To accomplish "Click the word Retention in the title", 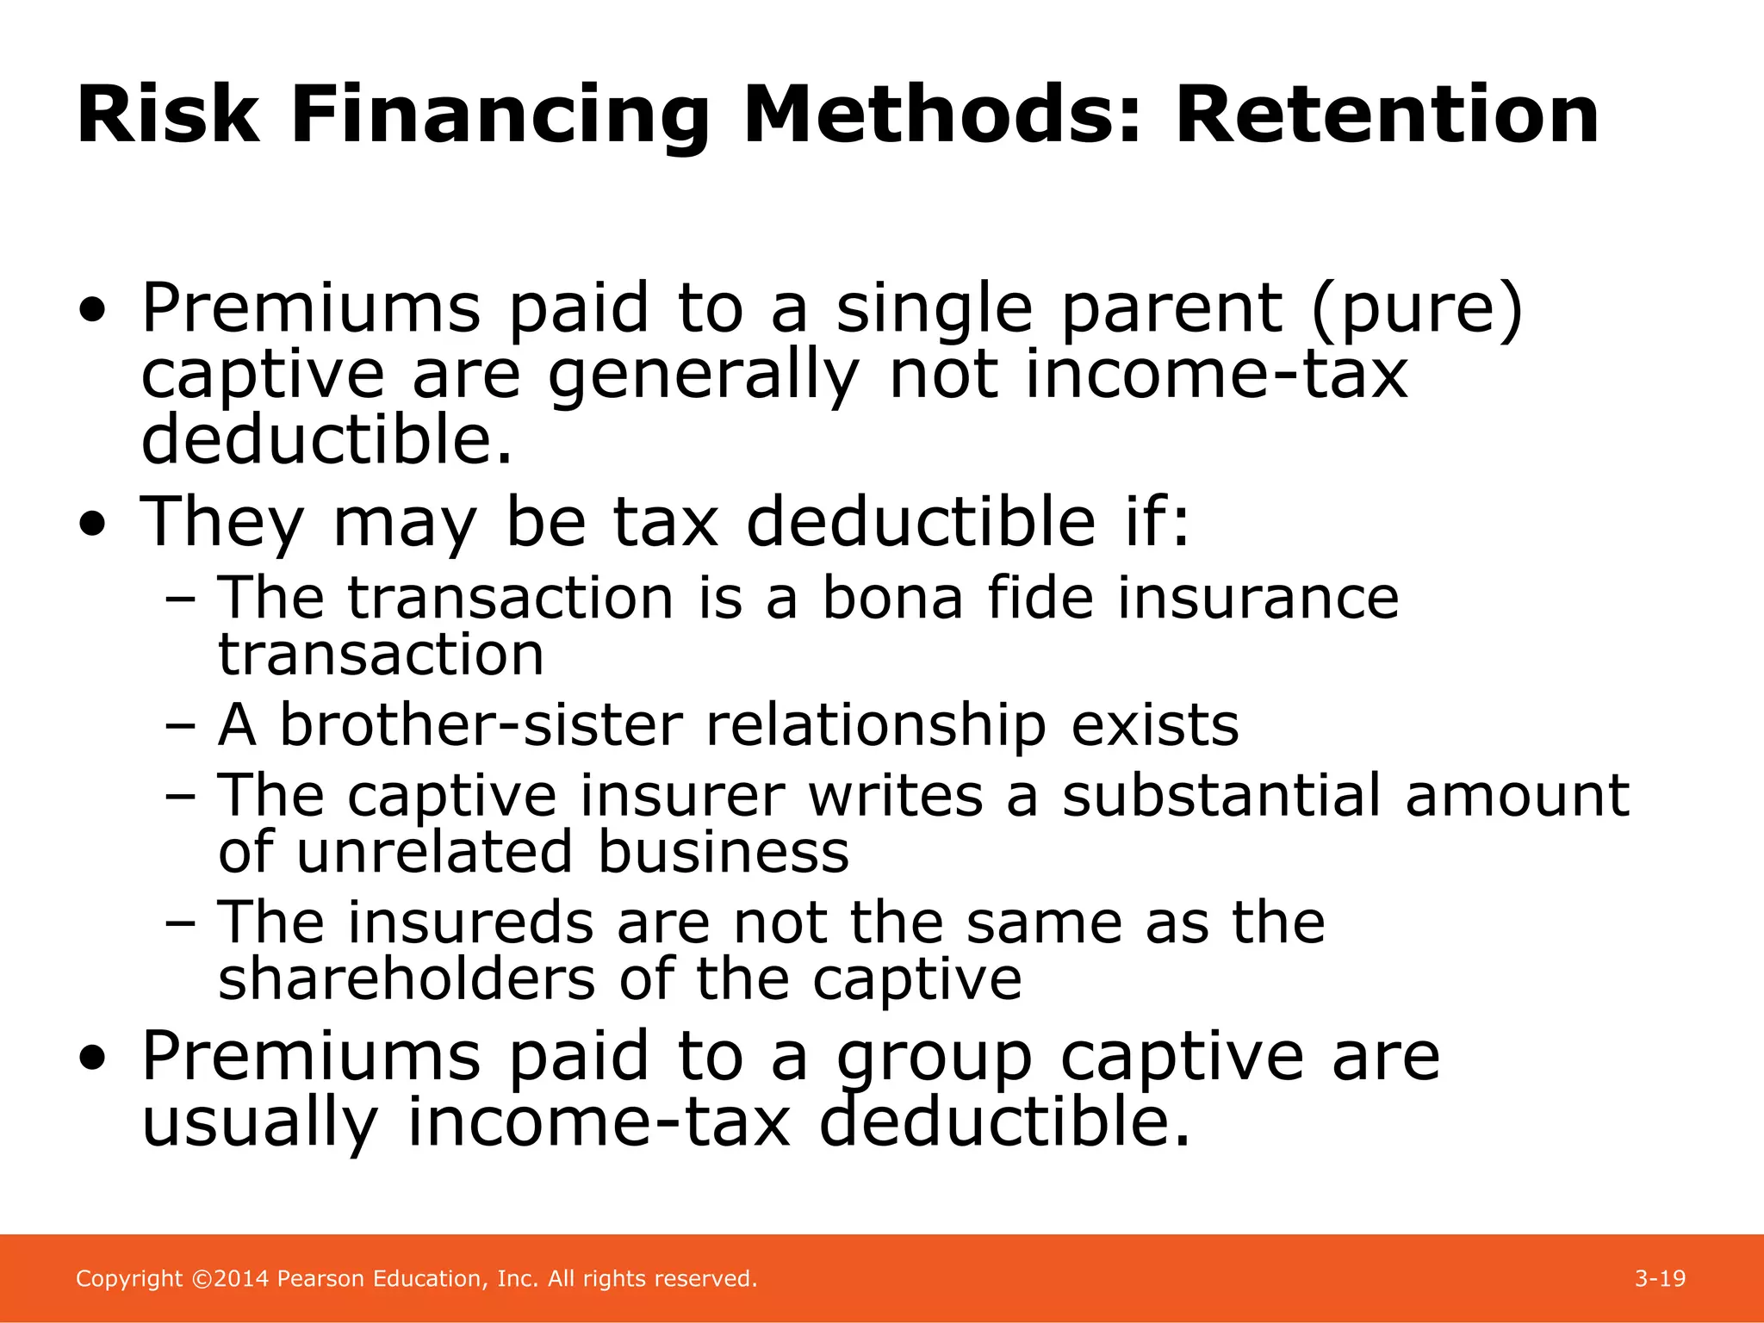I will (1387, 115).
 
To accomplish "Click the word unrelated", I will (435, 852).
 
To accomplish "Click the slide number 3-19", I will (1660, 1278).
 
